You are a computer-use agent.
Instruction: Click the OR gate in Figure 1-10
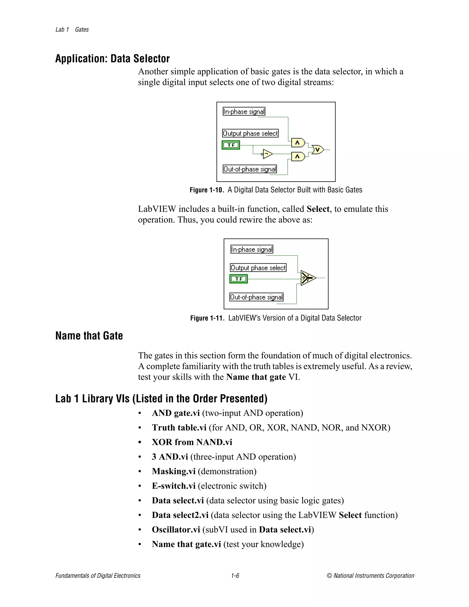(318, 150)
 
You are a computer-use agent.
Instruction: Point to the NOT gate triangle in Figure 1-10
(267, 153)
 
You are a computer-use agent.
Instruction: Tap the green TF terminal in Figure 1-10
(231, 145)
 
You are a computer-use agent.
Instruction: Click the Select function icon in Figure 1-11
(308, 278)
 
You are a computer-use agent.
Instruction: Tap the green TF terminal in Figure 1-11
(238, 279)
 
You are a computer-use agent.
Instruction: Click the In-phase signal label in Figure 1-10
(244, 112)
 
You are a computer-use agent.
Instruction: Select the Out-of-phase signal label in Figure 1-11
(256, 297)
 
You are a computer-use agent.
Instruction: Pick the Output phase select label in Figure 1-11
(258, 268)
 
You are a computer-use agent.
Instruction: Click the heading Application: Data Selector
(112, 59)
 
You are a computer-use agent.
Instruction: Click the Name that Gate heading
(89, 336)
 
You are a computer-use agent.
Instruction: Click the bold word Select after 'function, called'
(318, 209)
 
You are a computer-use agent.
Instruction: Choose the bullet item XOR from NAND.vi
(192, 442)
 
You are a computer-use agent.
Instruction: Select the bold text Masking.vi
(174, 471)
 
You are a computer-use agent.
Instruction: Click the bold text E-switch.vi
(174, 486)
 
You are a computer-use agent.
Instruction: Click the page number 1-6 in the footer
(235, 576)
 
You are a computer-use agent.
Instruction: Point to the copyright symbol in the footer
(329, 576)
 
